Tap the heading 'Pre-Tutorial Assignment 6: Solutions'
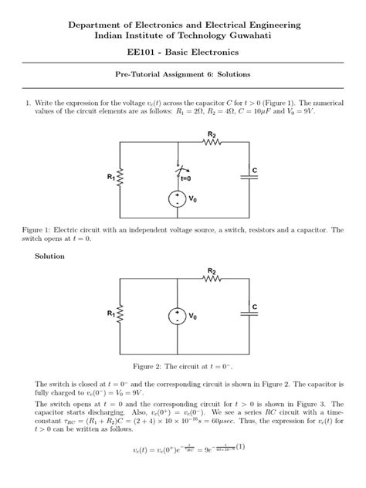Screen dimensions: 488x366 (183, 75)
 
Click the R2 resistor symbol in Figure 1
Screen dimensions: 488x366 (212, 142)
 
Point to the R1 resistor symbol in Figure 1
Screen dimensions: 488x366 (120, 178)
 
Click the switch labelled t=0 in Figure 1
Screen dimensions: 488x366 (179, 170)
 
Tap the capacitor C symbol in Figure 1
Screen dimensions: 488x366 (249, 177)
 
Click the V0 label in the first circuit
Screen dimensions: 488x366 (193, 200)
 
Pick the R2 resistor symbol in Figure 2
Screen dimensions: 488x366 (212, 280)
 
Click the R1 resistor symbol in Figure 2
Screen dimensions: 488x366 (120, 315)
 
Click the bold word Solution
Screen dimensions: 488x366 (49, 256)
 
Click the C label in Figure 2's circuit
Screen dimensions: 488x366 (254, 307)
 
